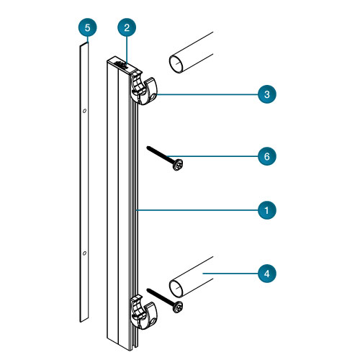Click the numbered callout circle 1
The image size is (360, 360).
(267, 210)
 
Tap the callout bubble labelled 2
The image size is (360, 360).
(127, 27)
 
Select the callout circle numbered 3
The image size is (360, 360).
(267, 94)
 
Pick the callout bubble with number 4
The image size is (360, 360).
(267, 274)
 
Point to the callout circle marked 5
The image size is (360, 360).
(87, 27)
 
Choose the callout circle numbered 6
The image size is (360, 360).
(267, 156)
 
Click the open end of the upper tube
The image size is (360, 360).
(176, 64)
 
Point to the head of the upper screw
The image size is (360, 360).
(178, 165)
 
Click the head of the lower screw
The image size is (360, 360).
(178, 307)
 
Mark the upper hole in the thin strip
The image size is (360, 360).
(84, 111)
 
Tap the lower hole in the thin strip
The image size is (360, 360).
(84, 253)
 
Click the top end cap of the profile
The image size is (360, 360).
(125, 65)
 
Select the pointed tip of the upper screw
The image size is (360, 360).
(148, 147)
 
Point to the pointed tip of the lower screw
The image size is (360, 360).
(148, 289)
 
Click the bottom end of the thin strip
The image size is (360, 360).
(84, 320)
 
